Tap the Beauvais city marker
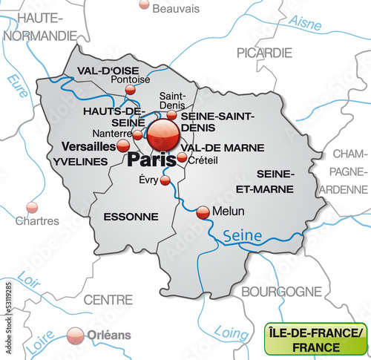pos(144,4)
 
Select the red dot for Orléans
pos(74,336)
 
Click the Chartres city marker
pos(32,207)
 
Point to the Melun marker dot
pos(203,212)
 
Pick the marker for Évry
pos(165,180)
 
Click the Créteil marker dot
pos(182,157)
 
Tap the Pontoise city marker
pos(131,90)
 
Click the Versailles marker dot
pos(123,146)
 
